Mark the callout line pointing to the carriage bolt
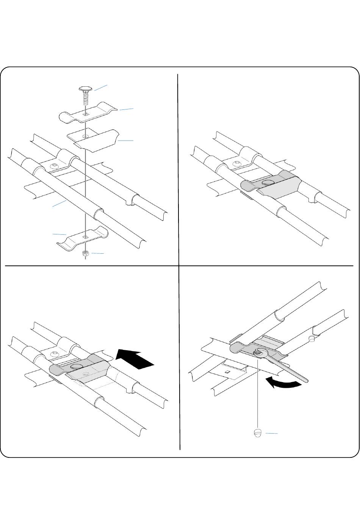[100, 88]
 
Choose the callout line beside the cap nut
[271, 433]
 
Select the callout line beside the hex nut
[97, 253]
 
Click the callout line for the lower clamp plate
[59, 234]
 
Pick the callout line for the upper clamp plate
[127, 109]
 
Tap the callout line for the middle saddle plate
[125, 140]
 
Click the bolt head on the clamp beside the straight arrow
[77, 366]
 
